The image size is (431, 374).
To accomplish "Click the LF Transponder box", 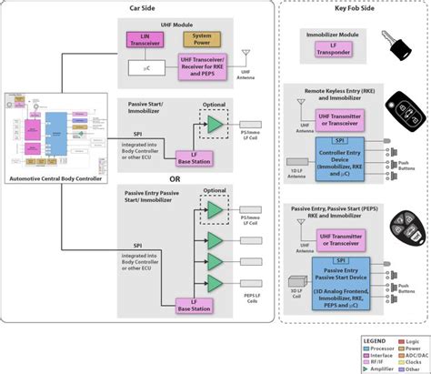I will (x=331, y=52).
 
